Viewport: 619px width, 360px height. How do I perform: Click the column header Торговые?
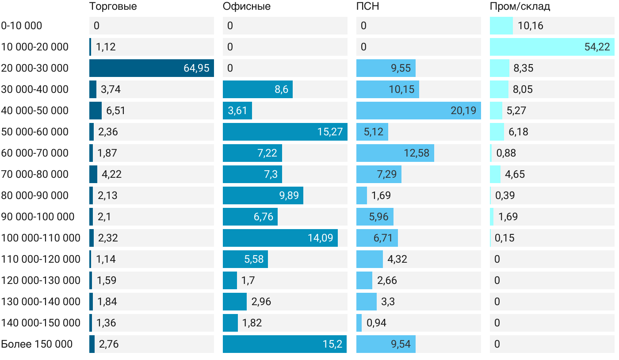[x=113, y=6]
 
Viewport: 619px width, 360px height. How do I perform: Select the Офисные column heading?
[x=247, y=6]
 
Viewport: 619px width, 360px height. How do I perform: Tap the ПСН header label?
[x=368, y=6]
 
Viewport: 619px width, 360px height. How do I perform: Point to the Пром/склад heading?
[x=520, y=6]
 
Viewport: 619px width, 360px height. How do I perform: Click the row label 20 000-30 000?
[x=35, y=68]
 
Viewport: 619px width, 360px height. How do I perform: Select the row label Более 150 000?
[x=37, y=344]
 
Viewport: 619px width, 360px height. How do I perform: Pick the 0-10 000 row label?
[x=22, y=26]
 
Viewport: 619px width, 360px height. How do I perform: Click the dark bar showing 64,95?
[x=151, y=68]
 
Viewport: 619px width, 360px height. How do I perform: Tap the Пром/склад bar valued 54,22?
[x=552, y=47]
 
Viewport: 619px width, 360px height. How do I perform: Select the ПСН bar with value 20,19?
[x=418, y=111]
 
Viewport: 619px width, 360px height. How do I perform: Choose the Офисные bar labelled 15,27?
[x=285, y=132]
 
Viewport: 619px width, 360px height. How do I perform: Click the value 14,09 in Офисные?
[x=320, y=238]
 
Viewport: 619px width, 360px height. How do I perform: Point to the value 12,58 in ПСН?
[x=416, y=153]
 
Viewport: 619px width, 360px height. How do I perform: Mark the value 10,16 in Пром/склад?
[x=530, y=26]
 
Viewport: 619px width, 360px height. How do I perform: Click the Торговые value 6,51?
[x=116, y=111]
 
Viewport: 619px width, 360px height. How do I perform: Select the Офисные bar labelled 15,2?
[x=284, y=344]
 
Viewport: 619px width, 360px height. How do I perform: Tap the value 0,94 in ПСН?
[x=376, y=323]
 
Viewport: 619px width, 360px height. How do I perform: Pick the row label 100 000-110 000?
[x=41, y=238]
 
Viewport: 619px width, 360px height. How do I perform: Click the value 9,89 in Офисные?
[x=289, y=195]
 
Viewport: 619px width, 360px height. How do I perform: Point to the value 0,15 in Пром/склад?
[x=504, y=238]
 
